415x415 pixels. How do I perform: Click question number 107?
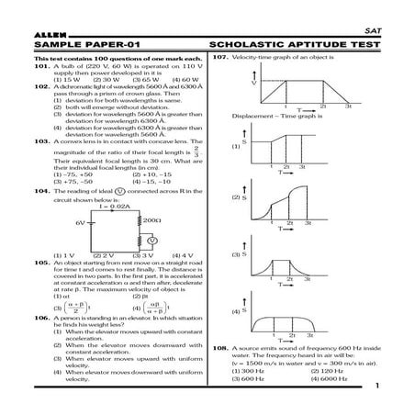(218, 58)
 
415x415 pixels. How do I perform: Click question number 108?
(218, 350)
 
